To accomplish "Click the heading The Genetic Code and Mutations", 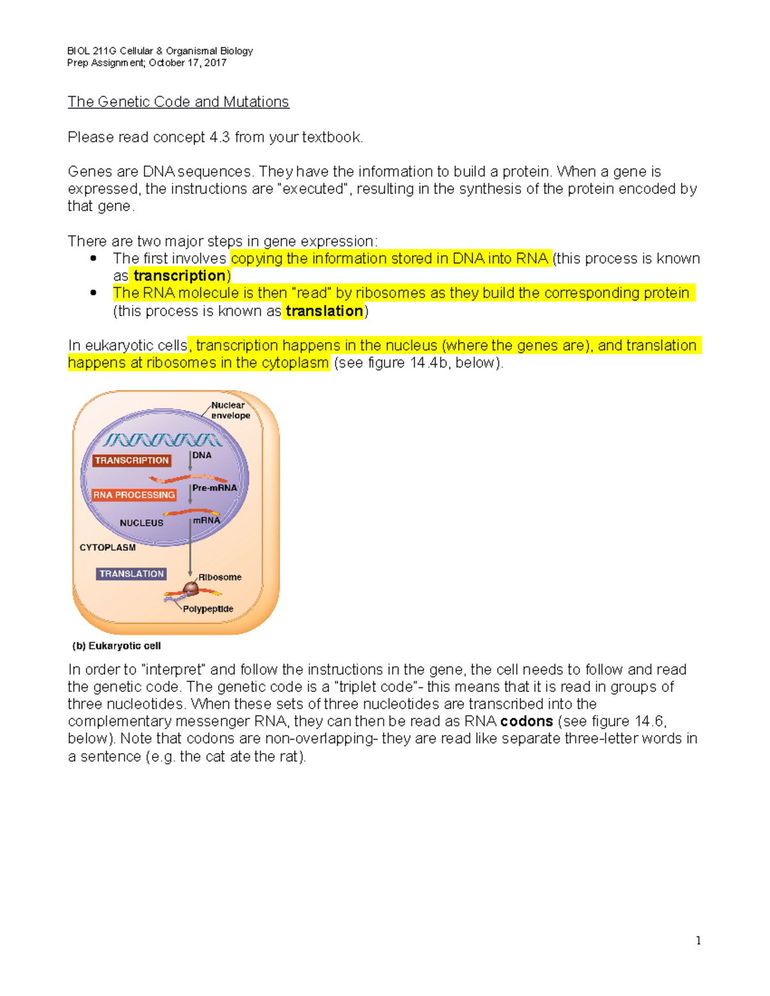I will pyautogui.click(x=178, y=102).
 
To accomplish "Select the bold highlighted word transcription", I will pyautogui.click(x=179, y=276).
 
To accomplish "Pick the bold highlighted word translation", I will pyautogui.click(x=324, y=311).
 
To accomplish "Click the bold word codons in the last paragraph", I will pyautogui.click(x=526, y=722).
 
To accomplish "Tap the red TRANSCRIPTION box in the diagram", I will pyautogui.click(x=132, y=460).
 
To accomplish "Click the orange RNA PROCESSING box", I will pyautogui.click(x=133, y=495).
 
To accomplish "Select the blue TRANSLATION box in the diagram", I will pyautogui.click(x=132, y=574).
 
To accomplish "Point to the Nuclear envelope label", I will pyautogui.click(x=230, y=410).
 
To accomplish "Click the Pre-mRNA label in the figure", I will pyautogui.click(x=214, y=488).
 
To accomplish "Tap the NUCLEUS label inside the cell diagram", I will pyautogui.click(x=141, y=523).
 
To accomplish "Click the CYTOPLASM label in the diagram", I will pyautogui.click(x=107, y=548).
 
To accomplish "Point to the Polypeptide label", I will pyautogui.click(x=208, y=609).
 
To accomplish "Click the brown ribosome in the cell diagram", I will pyautogui.click(x=191, y=587).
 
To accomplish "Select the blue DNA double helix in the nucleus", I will pyautogui.click(x=163, y=440).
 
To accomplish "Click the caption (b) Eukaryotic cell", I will pyautogui.click(x=116, y=646).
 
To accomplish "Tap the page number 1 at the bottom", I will pyautogui.click(x=698, y=941).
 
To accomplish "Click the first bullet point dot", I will pyautogui.click(x=94, y=258).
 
